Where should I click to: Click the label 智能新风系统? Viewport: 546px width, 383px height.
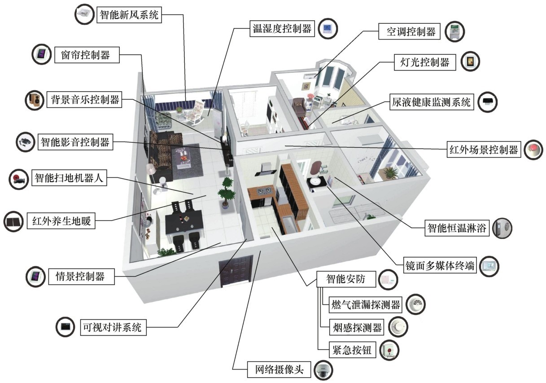pos(129,15)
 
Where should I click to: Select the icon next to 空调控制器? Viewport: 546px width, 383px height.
pos(454,31)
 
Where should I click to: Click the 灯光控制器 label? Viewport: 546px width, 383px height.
pos(422,62)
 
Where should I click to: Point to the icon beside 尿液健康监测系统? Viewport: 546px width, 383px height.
pos(488,102)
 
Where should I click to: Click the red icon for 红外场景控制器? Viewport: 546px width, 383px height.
pos(533,149)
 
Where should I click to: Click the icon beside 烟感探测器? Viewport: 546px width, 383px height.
pos(397,327)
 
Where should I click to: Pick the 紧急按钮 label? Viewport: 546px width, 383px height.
pos(352,350)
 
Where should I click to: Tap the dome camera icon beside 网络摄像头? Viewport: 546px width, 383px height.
pos(323,371)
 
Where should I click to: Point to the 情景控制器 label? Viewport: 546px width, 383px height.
pos(80,276)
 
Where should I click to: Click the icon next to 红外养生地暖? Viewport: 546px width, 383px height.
pos(13,221)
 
